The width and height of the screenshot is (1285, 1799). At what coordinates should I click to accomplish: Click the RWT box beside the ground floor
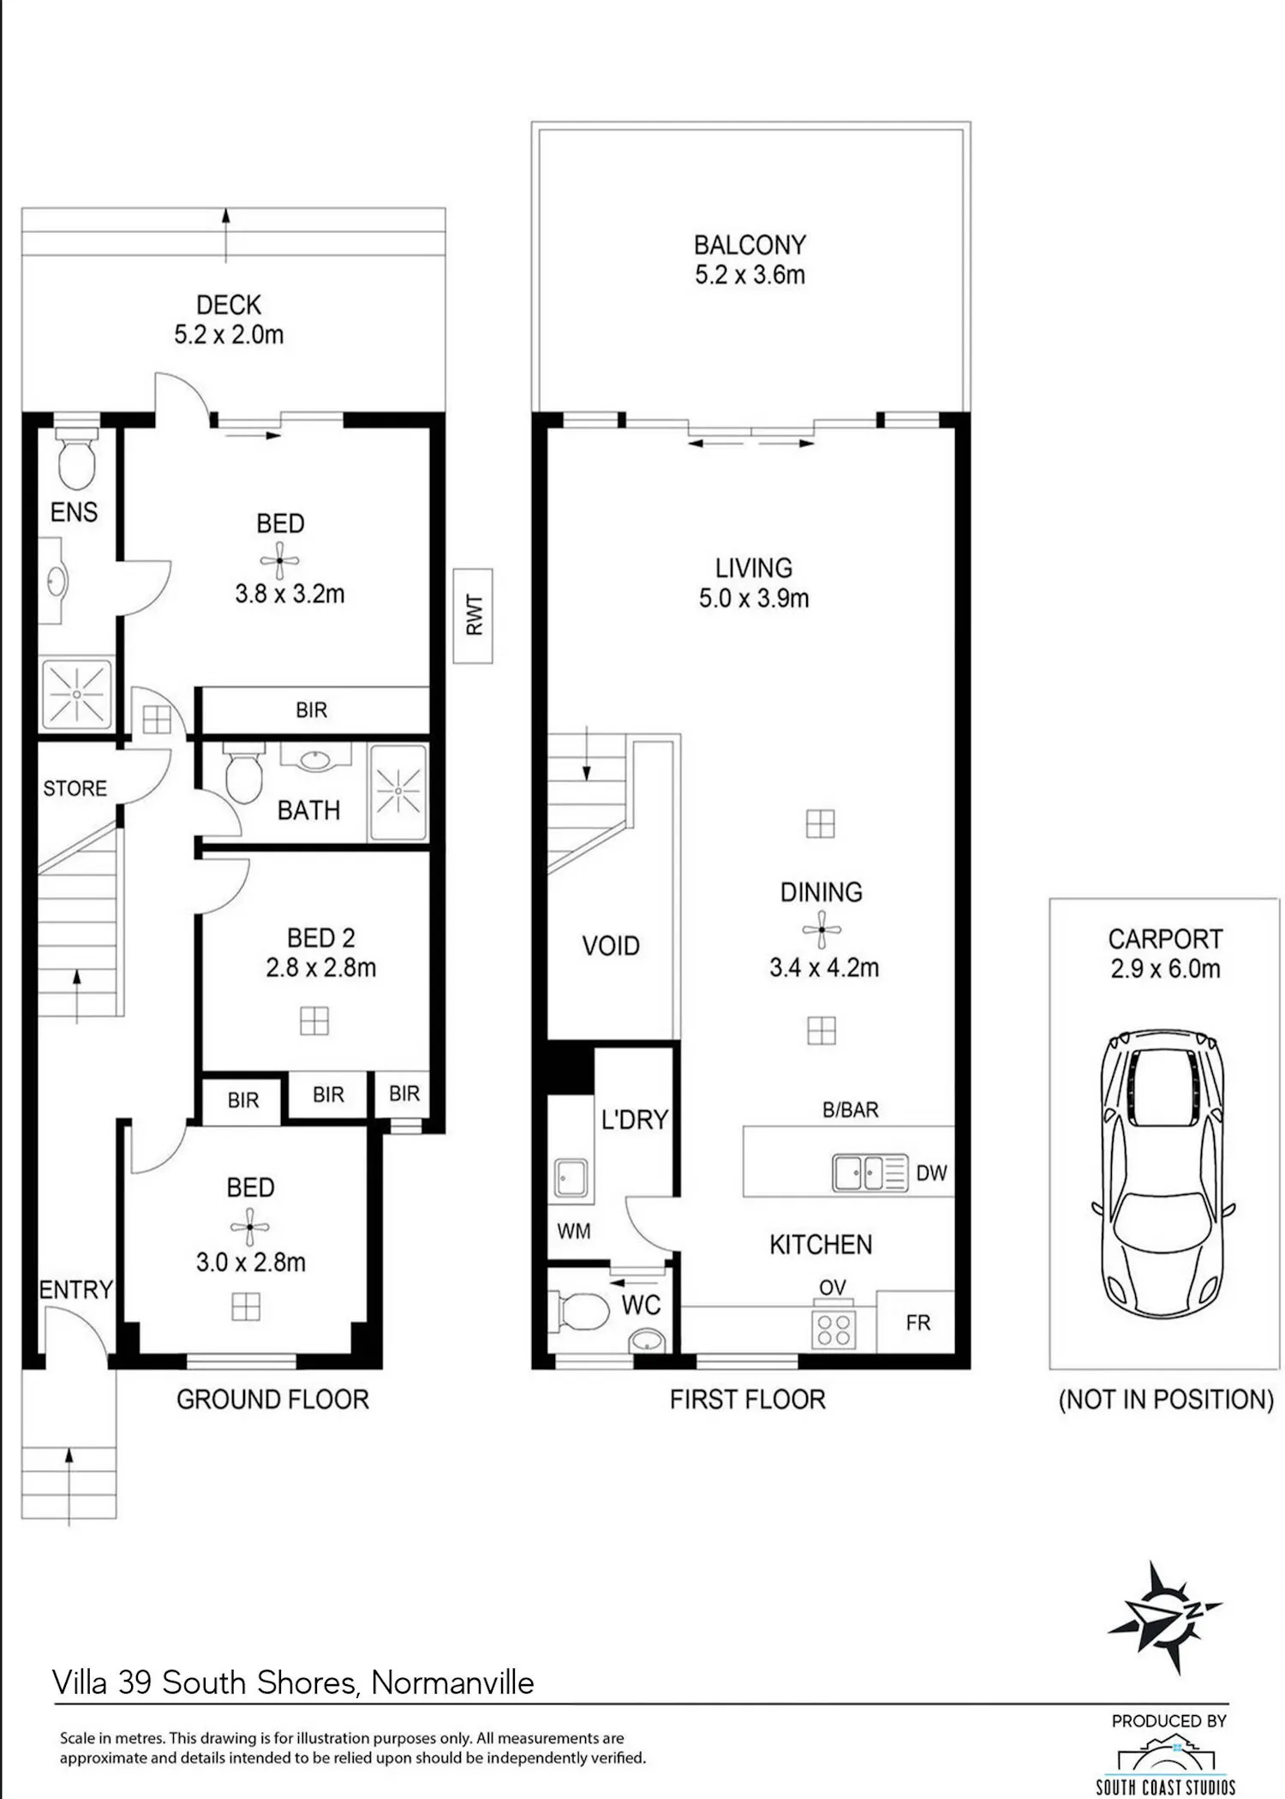click(473, 615)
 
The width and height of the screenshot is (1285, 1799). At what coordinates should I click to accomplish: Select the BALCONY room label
click(750, 245)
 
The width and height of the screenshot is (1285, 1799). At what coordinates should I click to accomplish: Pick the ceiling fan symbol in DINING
click(822, 929)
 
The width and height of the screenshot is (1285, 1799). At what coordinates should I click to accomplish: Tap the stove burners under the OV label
click(834, 1329)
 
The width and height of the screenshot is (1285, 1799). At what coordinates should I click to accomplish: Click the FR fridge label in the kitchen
click(917, 1323)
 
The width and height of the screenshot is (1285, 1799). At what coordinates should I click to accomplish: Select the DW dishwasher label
click(931, 1173)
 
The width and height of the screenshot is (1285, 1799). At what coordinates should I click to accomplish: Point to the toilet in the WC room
click(583, 1312)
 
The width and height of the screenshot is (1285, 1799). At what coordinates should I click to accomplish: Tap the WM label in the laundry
click(573, 1231)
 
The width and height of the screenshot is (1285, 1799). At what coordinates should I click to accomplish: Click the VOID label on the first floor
click(611, 946)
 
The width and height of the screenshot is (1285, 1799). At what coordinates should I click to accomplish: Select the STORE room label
click(75, 788)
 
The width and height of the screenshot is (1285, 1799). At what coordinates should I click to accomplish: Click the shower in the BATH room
click(398, 792)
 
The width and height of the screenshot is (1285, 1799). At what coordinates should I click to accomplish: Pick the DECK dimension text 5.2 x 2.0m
click(229, 335)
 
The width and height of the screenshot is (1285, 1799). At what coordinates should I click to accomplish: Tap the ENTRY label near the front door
click(75, 1289)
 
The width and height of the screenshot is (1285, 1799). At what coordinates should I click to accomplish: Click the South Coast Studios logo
click(1165, 1762)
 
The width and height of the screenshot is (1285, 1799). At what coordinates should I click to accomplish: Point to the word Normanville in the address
click(452, 1682)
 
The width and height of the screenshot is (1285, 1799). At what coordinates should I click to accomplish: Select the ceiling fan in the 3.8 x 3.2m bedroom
click(279, 561)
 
